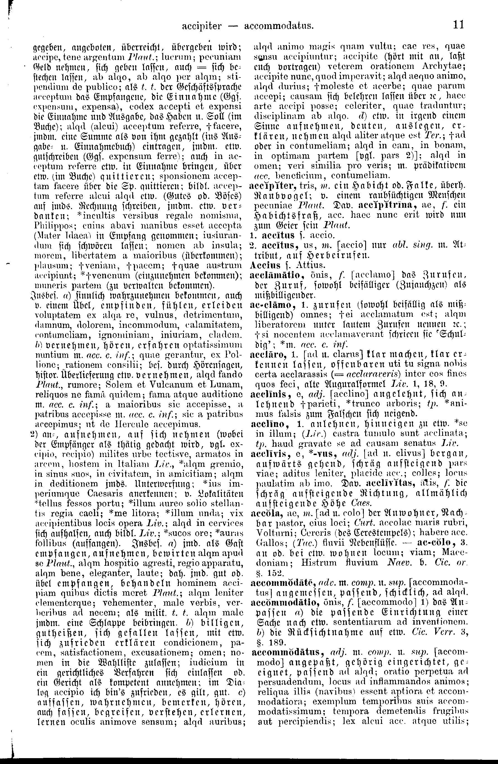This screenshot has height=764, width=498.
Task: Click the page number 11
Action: point(458,25)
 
